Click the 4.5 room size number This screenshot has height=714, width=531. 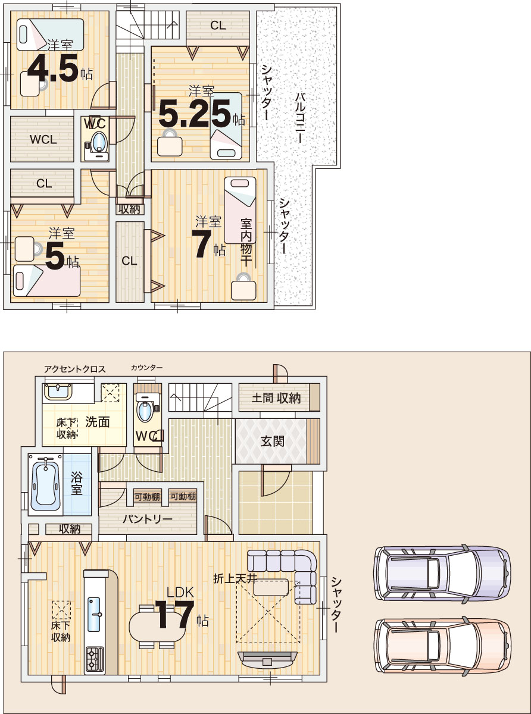pos(53,68)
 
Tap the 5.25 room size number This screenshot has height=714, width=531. pos(195,113)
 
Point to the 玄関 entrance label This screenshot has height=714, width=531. pos(272,441)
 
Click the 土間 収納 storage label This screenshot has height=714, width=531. pos(276,398)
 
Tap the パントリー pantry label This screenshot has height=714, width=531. pos(148,519)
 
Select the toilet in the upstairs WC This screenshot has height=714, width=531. pos(97,146)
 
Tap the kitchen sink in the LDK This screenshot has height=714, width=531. pos(94,614)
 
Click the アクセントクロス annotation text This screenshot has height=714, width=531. pos(75,369)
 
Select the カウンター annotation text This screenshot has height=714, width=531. pos(147,367)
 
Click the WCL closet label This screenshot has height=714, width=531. pos(43,139)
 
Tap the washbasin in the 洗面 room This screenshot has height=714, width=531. pos(58,391)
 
